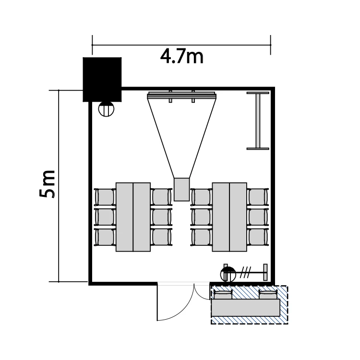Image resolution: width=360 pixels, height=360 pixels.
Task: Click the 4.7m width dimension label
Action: pyautogui.click(x=181, y=57)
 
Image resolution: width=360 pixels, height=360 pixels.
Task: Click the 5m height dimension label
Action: pyautogui.click(x=48, y=184)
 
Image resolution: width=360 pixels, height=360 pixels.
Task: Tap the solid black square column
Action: pyautogui.click(x=102, y=79)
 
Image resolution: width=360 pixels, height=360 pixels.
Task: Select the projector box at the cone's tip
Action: pyautogui.click(x=181, y=190)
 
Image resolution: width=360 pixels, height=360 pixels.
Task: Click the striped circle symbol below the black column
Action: pyautogui.click(x=106, y=109)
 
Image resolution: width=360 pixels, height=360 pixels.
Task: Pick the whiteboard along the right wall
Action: pyautogui.click(x=258, y=121)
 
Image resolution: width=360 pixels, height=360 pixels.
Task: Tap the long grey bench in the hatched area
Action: pyautogui.click(x=246, y=308)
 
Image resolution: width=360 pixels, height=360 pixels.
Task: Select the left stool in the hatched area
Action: pyautogui.click(x=223, y=294)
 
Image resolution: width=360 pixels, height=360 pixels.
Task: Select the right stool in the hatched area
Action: pyautogui.click(x=268, y=294)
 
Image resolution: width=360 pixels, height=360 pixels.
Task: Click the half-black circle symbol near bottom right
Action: pyautogui.click(x=228, y=274)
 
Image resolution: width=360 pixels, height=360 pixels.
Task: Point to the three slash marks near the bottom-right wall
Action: pyautogui.click(x=245, y=272)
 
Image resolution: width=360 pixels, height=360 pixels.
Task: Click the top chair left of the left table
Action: pyautogui.click(x=105, y=197)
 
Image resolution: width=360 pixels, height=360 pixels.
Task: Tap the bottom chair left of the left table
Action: pyautogui.click(x=105, y=237)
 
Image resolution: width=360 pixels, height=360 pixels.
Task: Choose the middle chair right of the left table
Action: pyautogui.click(x=161, y=217)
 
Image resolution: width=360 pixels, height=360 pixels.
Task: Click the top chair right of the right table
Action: pyautogui.click(x=258, y=197)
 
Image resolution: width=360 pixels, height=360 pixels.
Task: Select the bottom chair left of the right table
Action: pyautogui.click(x=201, y=237)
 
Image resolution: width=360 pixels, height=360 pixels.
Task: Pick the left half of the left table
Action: pyautogui.click(x=124, y=217)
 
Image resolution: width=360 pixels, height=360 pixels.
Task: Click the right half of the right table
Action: pyautogui.click(x=238, y=217)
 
